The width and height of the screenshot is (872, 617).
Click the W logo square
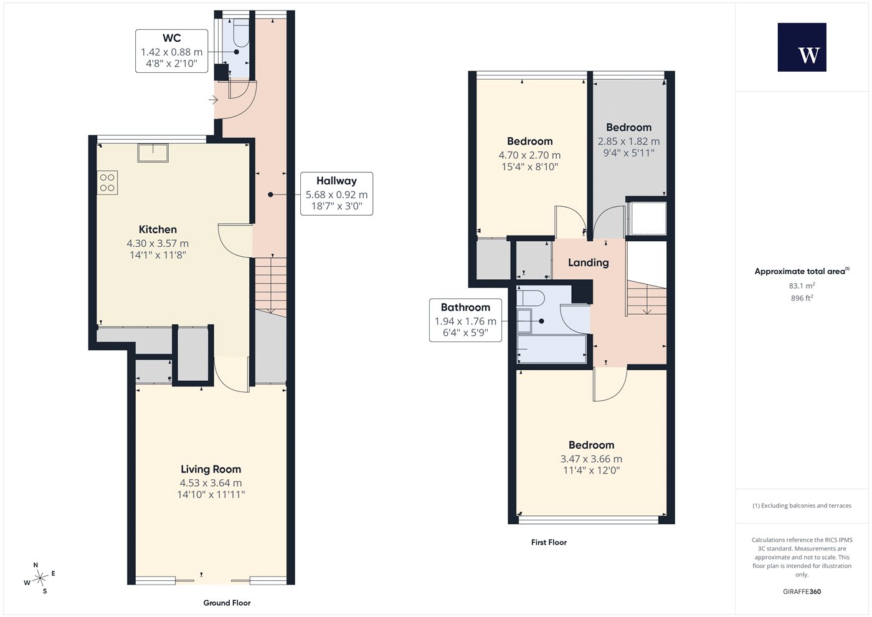[x=802, y=47]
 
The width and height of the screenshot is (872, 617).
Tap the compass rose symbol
[x=39, y=578]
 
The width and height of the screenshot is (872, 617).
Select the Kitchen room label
[x=158, y=229]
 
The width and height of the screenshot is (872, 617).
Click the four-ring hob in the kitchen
[x=107, y=183]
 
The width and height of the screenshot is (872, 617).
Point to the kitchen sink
[x=153, y=153]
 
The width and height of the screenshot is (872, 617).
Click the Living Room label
[x=211, y=469]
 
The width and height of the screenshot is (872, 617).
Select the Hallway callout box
[x=337, y=194]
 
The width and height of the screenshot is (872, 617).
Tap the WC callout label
[x=172, y=51]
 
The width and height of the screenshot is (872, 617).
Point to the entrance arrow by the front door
[x=213, y=100]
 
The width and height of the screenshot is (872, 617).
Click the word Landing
[x=588, y=262]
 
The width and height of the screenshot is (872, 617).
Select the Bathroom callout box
[x=466, y=320]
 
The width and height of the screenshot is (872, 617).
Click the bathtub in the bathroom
[x=552, y=349]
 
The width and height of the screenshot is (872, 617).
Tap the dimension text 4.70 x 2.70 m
[x=529, y=155]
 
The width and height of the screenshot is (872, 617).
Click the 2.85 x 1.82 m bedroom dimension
[x=628, y=141]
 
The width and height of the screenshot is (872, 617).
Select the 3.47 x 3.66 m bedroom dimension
[x=591, y=459]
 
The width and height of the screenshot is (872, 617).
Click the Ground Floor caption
[x=227, y=603]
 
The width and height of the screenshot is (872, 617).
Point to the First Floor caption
[x=549, y=542]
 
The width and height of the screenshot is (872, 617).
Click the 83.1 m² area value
[x=802, y=285]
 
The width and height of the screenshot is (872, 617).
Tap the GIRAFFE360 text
[x=802, y=591]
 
